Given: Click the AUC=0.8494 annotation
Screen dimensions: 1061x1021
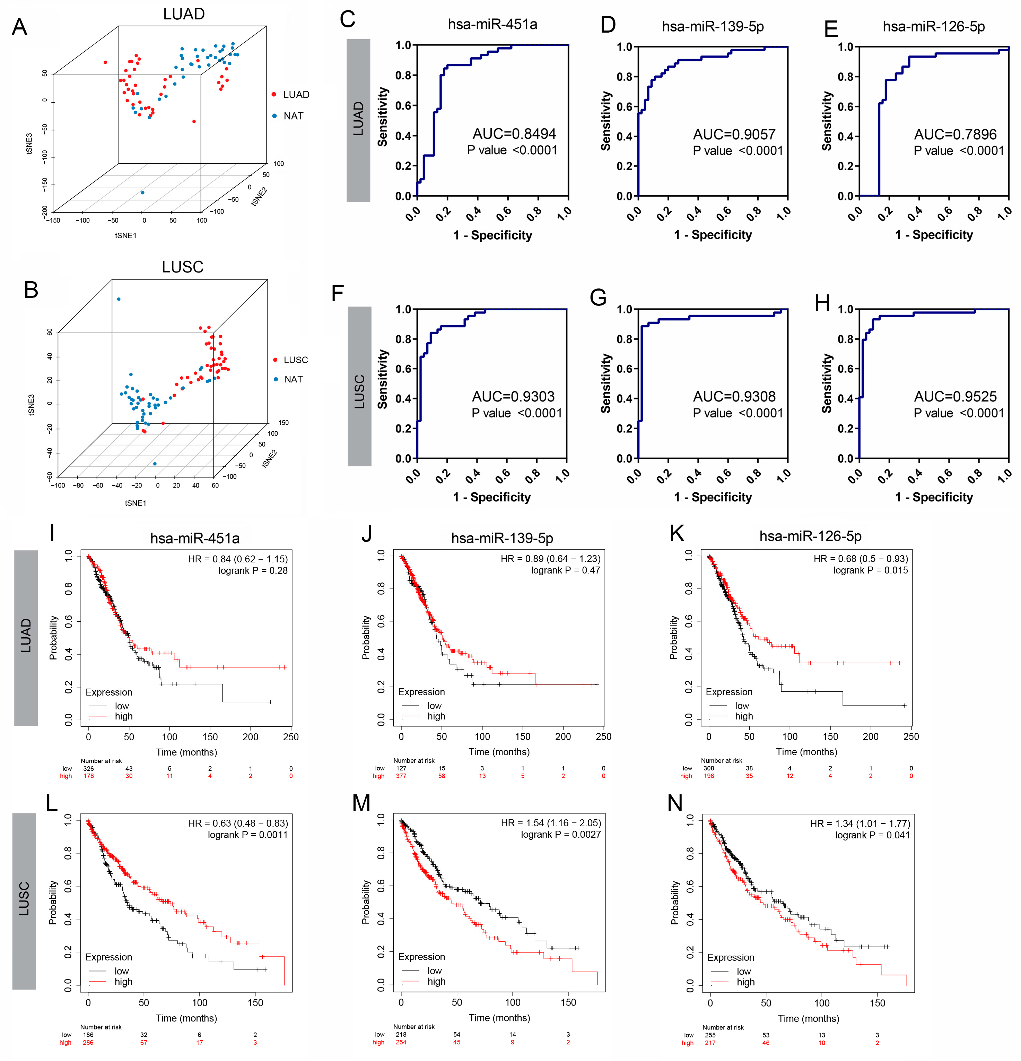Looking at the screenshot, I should click(x=514, y=134).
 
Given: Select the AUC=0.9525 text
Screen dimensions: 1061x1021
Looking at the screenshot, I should click(x=955, y=396).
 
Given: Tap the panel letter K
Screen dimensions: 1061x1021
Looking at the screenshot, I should click(x=677, y=533).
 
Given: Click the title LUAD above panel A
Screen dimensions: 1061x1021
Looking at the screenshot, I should click(x=184, y=14).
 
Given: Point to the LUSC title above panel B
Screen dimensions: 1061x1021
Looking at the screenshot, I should click(x=183, y=267).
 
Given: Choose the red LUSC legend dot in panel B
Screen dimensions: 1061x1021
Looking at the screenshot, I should click(x=276, y=360).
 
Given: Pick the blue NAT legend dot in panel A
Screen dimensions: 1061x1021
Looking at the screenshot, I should click(x=274, y=116).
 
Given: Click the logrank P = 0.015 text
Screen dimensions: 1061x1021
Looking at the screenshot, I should click(x=870, y=570).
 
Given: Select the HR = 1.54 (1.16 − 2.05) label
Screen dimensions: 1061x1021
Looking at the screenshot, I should click(x=551, y=823).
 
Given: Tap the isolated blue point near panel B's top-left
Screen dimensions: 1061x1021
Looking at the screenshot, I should click(x=119, y=299).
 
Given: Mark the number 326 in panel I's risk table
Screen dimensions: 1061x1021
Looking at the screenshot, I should click(x=88, y=768).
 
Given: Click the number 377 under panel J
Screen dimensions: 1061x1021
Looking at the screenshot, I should click(x=401, y=776).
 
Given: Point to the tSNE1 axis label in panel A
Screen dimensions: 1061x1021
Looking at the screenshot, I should click(x=125, y=235).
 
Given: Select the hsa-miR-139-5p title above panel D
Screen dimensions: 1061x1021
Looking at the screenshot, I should click(x=713, y=26).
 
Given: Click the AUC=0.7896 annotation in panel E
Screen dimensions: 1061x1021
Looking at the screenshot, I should click(x=955, y=134).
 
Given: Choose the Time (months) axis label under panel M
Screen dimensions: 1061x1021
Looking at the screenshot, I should click(x=499, y=1018).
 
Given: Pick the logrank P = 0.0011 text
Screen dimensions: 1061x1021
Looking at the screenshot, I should click(x=248, y=835).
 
